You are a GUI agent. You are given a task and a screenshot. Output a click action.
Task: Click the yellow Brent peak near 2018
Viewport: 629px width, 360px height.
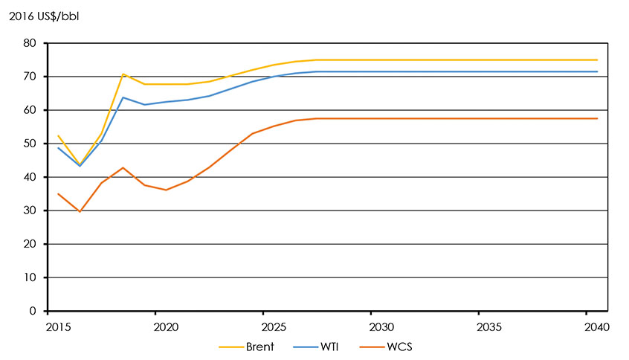click(123, 74)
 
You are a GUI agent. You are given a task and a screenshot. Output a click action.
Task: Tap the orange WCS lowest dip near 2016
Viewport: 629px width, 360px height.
click(80, 212)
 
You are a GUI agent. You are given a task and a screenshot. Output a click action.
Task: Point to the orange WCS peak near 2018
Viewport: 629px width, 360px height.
click(123, 167)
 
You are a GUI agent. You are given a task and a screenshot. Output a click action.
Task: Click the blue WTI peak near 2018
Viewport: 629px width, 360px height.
click(123, 97)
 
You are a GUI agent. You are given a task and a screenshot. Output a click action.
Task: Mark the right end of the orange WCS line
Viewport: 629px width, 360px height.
click(597, 118)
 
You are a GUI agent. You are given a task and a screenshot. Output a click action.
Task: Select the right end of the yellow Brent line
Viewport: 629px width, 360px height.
click(597, 60)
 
